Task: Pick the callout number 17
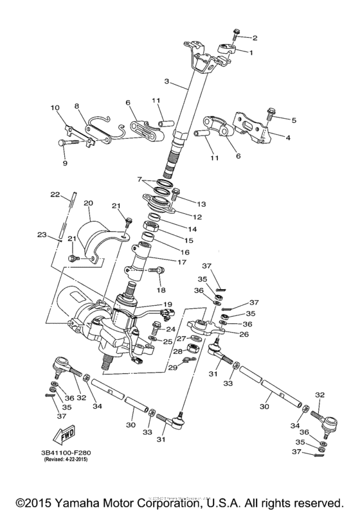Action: point(182,263)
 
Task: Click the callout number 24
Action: point(170,330)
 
